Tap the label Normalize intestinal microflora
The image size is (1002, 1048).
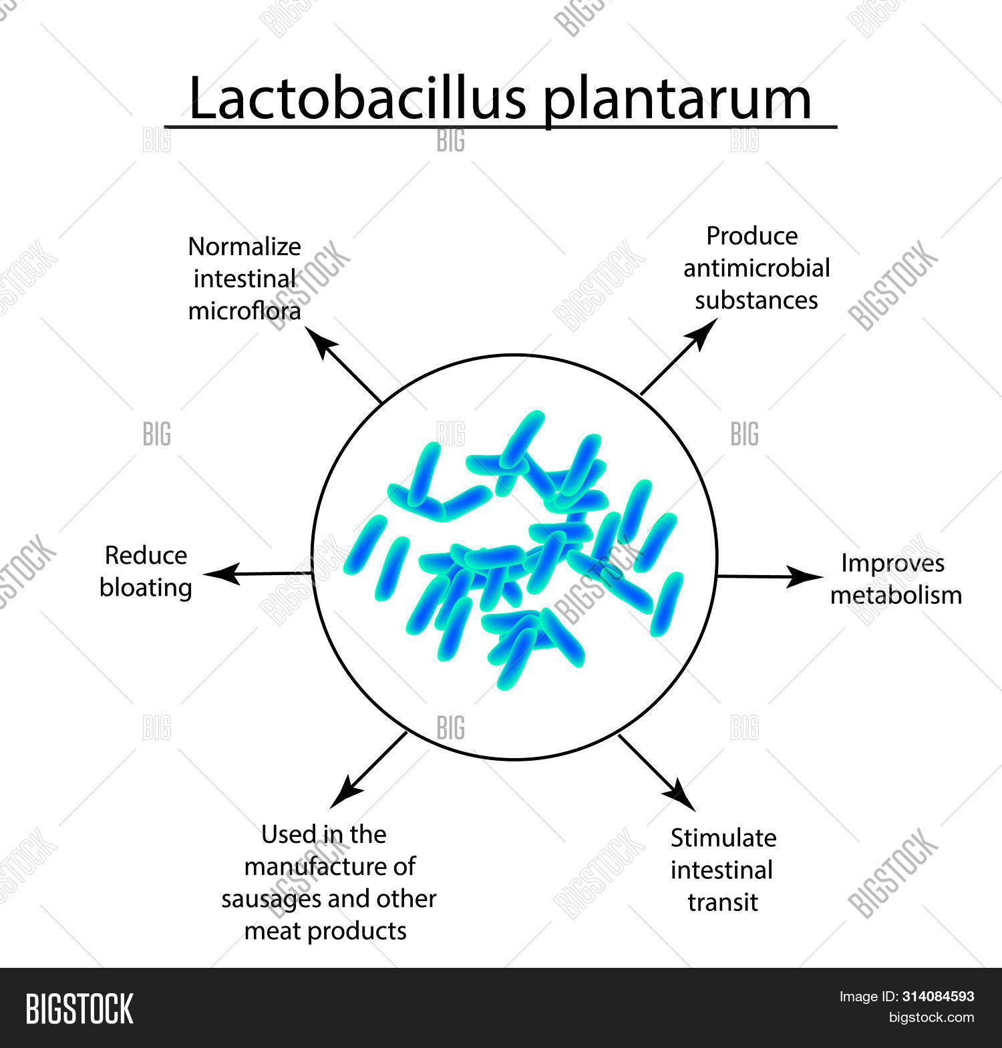[244, 279]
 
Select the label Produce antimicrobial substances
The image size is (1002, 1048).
[756, 268]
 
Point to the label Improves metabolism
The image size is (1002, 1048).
[895, 579]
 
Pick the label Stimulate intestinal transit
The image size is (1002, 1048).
[723, 870]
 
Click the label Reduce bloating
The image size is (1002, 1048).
[146, 572]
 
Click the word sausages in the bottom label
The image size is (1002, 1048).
[272, 899]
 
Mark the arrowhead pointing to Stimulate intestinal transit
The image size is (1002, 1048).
[682, 796]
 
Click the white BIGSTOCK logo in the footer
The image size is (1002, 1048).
[79, 1009]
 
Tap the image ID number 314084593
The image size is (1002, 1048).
[938, 997]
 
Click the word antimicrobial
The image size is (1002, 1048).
[756, 268]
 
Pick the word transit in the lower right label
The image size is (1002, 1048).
[723, 902]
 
